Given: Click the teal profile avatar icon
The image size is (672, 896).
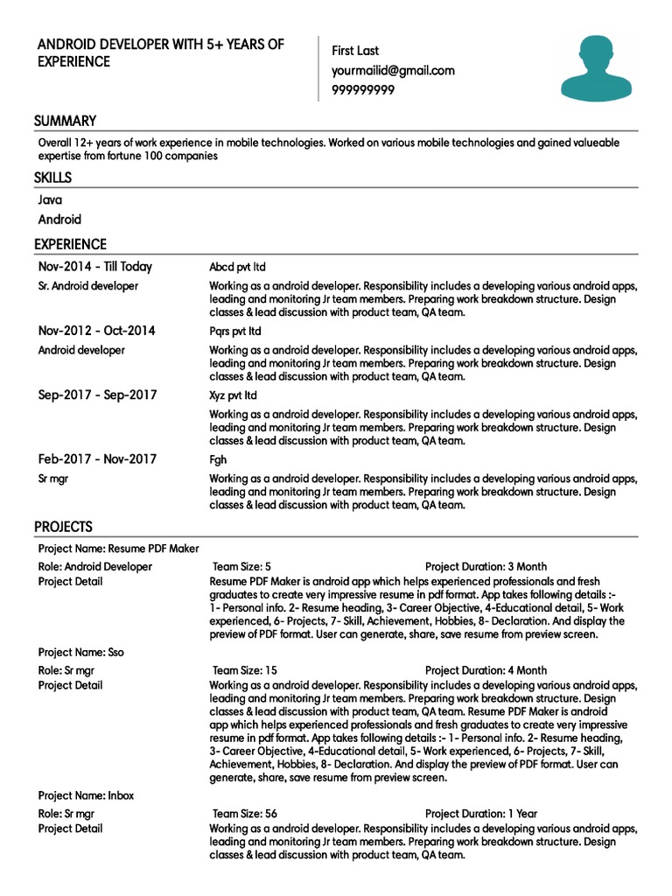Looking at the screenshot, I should point(595,67).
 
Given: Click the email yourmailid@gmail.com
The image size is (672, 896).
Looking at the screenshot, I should point(393,71).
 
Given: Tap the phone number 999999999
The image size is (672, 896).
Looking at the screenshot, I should point(362,90).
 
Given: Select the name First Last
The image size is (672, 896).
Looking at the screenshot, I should point(355,52).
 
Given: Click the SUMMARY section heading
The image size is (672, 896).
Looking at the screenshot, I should point(65,122).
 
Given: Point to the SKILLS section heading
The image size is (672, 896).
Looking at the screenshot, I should point(52,178).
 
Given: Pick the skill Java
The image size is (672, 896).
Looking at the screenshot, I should point(50,200).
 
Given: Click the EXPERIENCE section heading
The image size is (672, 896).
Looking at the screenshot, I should point(70,245).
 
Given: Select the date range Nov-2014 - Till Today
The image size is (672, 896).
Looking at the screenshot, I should point(94,267).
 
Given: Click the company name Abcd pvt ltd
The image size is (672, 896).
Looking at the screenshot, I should point(237,267).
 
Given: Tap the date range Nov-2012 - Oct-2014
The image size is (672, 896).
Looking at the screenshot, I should point(96,331).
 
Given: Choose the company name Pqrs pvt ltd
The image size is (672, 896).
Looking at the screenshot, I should point(234,332).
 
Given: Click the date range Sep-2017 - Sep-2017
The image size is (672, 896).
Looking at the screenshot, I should point(97,395).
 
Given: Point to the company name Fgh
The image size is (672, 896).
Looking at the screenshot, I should point(218,459).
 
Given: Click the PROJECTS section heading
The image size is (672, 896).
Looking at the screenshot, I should point(63,527).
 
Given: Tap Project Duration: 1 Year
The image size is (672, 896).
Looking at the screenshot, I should point(481,814).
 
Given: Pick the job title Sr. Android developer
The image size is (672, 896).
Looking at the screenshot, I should point(87,286).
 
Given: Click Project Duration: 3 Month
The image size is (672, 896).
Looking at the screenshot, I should point(486,567).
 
